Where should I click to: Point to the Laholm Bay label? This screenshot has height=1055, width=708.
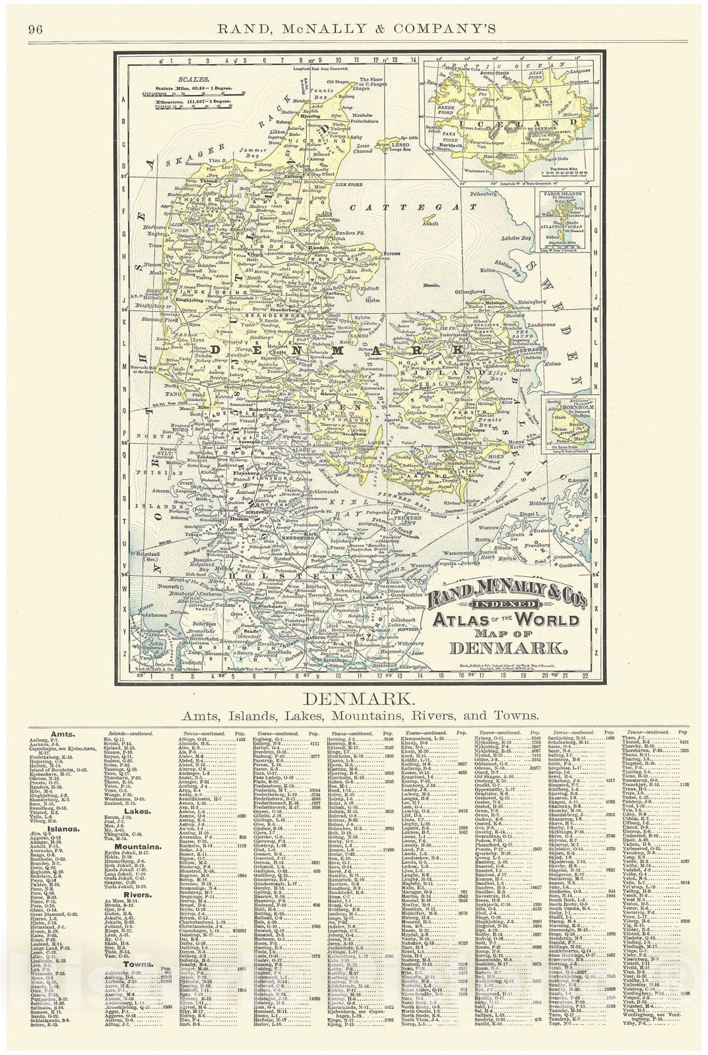(517, 238)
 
